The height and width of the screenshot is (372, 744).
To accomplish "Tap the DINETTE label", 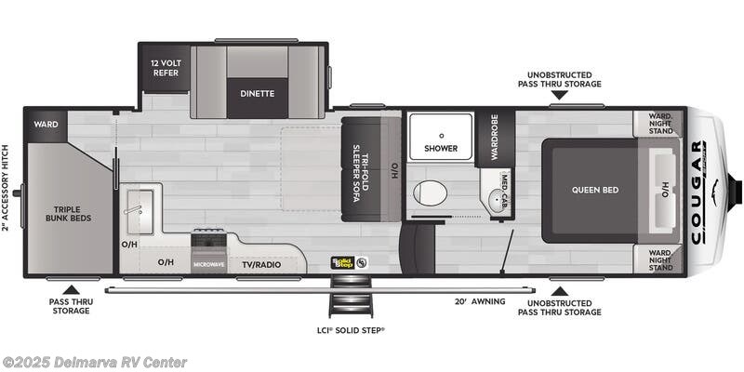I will coord(258,94).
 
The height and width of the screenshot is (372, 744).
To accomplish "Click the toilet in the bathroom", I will coord(430,193).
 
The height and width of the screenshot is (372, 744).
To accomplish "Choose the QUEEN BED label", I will coord(594,190).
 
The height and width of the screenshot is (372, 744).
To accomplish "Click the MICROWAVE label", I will coord(209,264).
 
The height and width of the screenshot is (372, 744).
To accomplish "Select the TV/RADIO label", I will coord(261,264).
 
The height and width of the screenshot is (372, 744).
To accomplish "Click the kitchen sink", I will coord(139,202).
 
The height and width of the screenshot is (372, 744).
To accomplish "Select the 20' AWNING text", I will coord(481,301).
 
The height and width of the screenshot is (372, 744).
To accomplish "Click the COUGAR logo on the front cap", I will coord(698,191).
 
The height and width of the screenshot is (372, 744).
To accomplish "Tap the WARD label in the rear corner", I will coord(46,125).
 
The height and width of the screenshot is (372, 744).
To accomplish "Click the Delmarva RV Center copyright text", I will coord(94,362).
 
